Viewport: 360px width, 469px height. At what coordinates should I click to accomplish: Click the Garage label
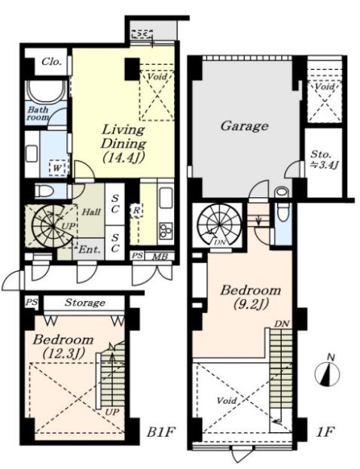coord(244,126)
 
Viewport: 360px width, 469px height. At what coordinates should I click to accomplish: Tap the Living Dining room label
coord(124,144)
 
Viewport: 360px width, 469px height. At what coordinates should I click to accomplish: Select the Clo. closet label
coord(52,62)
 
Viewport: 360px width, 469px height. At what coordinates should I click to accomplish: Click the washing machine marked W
coord(57,168)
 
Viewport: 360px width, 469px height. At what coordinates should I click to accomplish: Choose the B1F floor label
coord(160,432)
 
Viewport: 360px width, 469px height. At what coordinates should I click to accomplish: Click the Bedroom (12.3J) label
coord(63,347)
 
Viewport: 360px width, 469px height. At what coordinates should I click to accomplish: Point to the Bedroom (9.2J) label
coord(251,297)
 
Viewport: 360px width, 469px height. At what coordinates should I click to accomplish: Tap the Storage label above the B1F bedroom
coord(85,303)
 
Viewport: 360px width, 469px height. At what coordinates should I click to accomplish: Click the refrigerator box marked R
coord(136,210)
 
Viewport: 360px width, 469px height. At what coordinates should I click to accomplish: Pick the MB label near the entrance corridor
coord(160,257)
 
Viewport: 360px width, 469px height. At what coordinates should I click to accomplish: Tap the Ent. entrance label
coord(89,249)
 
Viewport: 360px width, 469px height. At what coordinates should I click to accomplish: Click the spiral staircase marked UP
coord(53,227)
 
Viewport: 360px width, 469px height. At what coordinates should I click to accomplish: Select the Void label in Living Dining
coord(157,77)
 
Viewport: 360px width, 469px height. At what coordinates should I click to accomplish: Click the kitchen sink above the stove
coord(166,198)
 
